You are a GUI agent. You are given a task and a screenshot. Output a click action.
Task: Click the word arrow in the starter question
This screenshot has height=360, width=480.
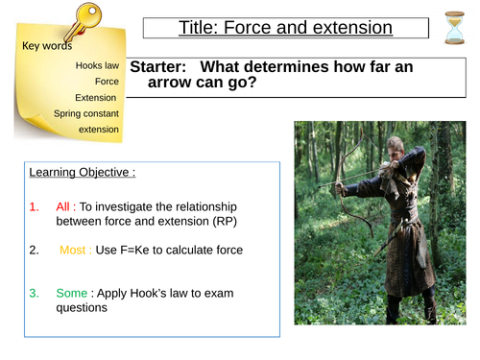pyautogui.click(x=176, y=84)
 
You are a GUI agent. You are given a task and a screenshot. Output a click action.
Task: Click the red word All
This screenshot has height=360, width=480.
pyautogui.click(x=65, y=206)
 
